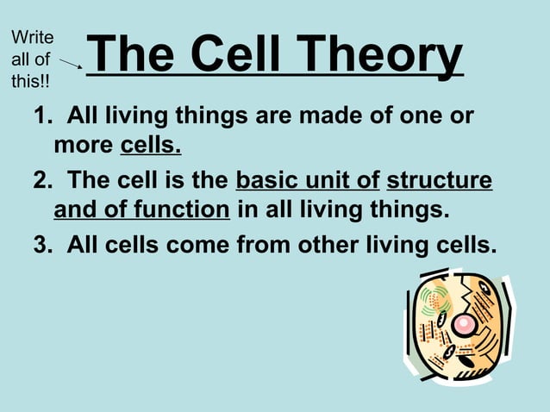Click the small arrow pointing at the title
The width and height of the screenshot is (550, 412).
pyautogui.click(x=71, y=62)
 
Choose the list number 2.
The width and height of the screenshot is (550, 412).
pyautogui.click(x=41, y=181)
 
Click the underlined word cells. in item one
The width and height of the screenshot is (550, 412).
pyautogui.click(x=150, y=145)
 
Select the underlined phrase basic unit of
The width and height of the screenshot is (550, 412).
pyautogui.click(x=308, y=181)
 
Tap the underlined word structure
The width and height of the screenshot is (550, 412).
pyautogui.click(x=440, y=181)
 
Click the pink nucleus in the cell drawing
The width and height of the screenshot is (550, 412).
pyautogui.click(x=464, y=324)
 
